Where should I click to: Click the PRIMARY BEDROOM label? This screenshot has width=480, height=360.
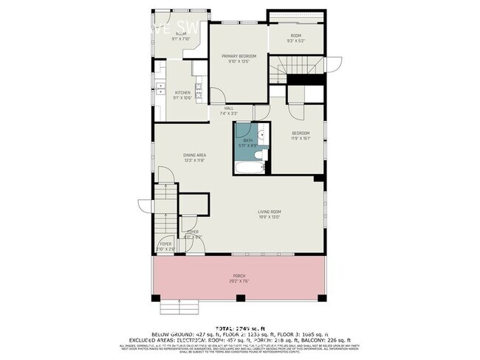[239, 56]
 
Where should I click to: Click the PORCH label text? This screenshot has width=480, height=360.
[239, 274]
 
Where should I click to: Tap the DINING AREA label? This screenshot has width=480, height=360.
[194, 154]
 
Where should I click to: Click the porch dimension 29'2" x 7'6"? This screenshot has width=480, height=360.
[239, 280]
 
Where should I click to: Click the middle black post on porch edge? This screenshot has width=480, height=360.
[239, 298]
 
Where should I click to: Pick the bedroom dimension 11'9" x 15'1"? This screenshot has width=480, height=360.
[299, 138]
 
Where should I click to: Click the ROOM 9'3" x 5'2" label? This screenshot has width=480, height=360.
[295, 38]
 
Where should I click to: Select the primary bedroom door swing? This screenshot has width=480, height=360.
[218, 94]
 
